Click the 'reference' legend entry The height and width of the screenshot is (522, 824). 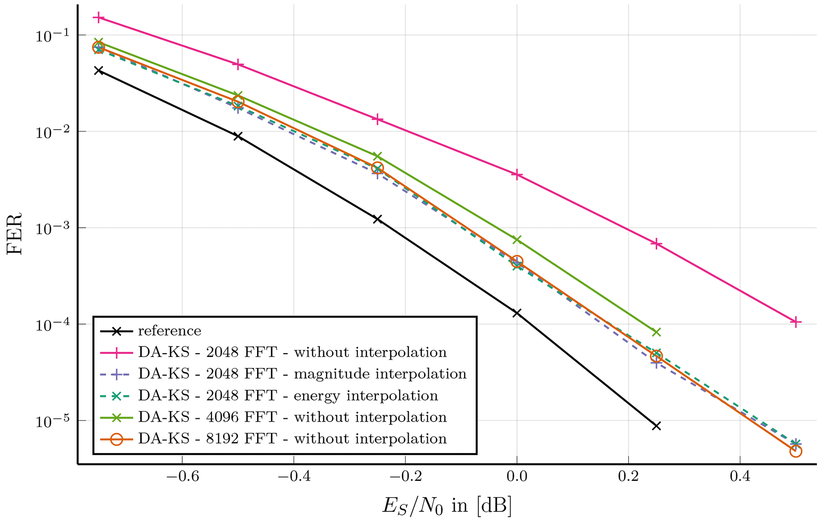point(169,331)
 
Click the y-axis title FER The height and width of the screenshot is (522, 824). point(15,234)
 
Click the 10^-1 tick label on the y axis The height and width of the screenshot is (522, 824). point(52,36)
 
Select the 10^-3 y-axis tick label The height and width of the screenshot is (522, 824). point(52,228)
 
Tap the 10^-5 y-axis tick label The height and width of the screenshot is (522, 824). point(52,421)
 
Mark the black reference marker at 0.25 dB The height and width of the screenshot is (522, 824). point(656,426)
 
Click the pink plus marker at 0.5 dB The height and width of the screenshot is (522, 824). point(795,322)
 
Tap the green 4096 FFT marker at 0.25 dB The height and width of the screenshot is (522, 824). point(656,332)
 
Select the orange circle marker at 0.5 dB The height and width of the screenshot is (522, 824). point(795,451)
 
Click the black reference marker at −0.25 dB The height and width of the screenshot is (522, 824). point(378,219)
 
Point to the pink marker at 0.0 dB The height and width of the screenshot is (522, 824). point(517,175)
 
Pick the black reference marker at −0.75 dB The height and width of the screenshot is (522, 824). point(98,71)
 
